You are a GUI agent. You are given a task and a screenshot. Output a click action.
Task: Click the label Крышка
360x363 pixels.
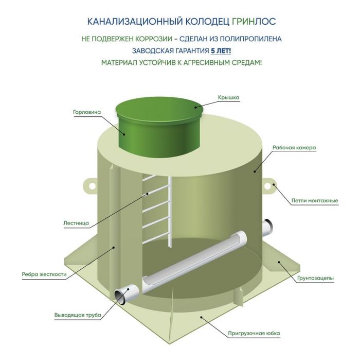pyautogui.click(x=228, y=98)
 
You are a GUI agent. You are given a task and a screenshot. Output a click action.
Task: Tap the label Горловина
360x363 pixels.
pyautogui.click(x=87, y=112)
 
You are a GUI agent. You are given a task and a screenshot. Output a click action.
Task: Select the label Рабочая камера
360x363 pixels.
pyautogui.click(x=294, y=147)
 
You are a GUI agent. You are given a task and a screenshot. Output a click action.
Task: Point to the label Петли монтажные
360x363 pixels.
pyautogui.click(x=315, y=200)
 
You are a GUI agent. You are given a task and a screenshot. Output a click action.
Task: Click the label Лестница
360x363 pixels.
pyautogui.click(x=76, y=223)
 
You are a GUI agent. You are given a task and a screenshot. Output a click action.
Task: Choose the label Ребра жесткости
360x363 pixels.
pyautogui.click(x=44, y=274)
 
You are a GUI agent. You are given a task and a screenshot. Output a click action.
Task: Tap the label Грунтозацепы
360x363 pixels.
pyautogui.click(x=315, y=278)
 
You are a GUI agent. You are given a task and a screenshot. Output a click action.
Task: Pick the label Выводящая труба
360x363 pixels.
pyautogui.click(x=78, y=315)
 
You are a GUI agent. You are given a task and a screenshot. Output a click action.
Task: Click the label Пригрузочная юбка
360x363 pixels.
pyautogui.click(x=254, y=333)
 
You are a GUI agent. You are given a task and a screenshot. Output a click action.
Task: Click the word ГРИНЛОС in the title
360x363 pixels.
pyautogui.click(x=254, y=21)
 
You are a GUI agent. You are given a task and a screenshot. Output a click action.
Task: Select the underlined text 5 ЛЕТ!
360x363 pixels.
pyautogui.click(x=221, y=50)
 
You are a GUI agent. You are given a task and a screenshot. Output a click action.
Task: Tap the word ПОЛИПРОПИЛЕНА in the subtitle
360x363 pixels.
pyautogui.click(x=250, y=39)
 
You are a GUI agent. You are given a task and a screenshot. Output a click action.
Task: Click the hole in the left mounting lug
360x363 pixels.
pyautogui.click(x=92, y=186)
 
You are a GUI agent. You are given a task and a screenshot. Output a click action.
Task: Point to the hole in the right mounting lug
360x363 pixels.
pyautogui.click(x=267, y=186)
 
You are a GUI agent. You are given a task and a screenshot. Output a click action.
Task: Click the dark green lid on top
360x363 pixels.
pyautogui.click(x=160, y=109)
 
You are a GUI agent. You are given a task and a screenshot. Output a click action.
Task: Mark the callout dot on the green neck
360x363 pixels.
pyautogui.click(x=124, y=134)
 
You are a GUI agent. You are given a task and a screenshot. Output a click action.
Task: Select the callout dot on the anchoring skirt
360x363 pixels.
pyautogui.click(x=201, y=317)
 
